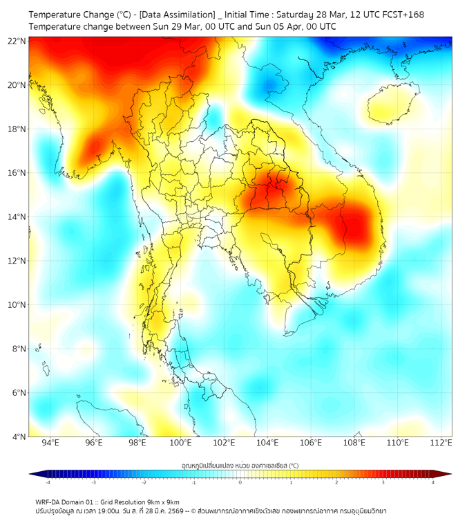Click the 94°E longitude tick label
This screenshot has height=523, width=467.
50,443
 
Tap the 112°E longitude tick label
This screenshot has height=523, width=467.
441,443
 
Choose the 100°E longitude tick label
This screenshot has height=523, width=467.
180,443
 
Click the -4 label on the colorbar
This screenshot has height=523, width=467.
47,482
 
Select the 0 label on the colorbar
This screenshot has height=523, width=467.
240,482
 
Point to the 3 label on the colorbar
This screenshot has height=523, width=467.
384,482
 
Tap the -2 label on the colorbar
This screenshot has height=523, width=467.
144,482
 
